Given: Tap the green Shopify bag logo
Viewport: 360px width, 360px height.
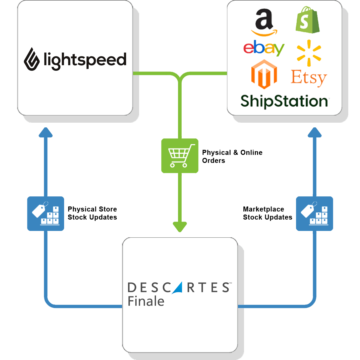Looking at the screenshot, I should [x=307, y=21].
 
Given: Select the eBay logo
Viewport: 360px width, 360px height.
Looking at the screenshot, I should [x=264, y=48].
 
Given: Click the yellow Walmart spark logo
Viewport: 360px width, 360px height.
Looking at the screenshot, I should [x=309, y=51].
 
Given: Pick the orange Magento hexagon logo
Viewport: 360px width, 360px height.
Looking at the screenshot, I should [x=264, y=74].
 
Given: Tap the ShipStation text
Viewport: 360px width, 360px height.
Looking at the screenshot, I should [x=284, y=101].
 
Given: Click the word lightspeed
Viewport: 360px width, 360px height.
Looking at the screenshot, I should [x=85, y=60].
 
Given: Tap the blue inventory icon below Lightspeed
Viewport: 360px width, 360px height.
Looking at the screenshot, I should [x=46, y=213].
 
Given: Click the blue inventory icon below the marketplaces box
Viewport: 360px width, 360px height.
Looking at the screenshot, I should [x=314, y=213].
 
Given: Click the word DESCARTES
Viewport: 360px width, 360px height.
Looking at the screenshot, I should [x=178, y=287].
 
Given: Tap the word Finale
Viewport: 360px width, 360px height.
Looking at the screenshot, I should [x=146, y=301].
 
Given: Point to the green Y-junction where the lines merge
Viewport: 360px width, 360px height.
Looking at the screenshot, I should [x=180, y=77].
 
